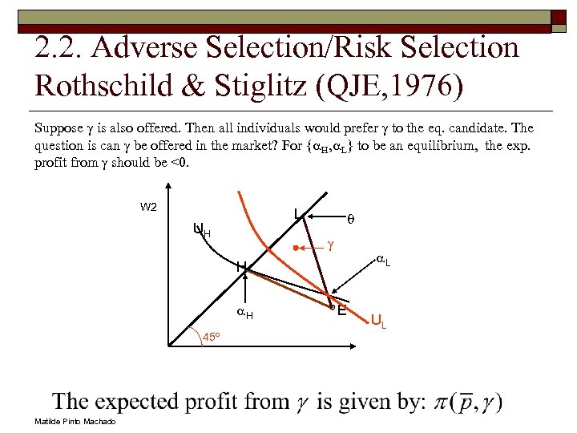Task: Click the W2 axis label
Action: point(148,206)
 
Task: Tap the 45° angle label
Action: point(211,337)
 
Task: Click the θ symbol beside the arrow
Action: point(349,216)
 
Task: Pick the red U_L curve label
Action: point(378,321)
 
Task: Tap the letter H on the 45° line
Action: point(240,266)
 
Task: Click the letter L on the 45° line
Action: point(297,213)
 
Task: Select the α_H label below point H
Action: point(245,314)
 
